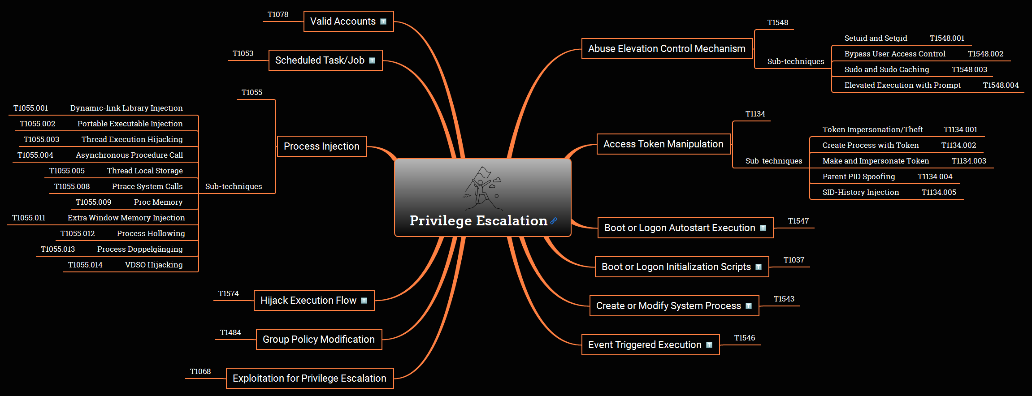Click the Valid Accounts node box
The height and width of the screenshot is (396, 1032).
(x=349, y=22)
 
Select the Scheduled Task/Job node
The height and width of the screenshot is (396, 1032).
(x=325, y=60)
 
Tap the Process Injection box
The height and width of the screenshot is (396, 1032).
(x=322, y=146)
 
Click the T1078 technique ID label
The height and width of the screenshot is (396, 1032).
(x=278, y=14)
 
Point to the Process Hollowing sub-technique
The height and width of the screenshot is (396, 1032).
(x=151, y=233)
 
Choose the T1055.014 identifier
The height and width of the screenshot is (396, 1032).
(x=85, y=265)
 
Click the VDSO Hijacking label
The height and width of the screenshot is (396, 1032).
(x=154, y=265)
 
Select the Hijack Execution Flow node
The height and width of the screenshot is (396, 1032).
(x=314, y=301)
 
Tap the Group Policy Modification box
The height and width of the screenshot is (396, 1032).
(x=319, y=340)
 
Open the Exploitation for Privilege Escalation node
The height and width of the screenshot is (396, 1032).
(x=310, y=379)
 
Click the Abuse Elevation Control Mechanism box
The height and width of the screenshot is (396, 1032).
(x=667, y=49)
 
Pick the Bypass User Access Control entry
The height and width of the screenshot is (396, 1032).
(x=895, y=54)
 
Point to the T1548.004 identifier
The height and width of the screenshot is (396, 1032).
(x=1001, y=85)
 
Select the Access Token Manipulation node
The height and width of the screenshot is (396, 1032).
(x=664, y=144)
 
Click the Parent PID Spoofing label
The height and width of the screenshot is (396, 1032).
(x=859, y=176)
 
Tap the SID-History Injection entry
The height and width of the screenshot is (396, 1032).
(x=861, y=192)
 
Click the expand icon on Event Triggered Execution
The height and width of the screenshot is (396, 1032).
(x=709, y=345)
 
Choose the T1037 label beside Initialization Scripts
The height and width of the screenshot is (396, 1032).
(x=794, y=260)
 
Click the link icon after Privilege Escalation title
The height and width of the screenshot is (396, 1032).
(x=554, y=221)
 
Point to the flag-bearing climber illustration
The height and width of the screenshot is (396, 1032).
(x=482, y=188)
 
